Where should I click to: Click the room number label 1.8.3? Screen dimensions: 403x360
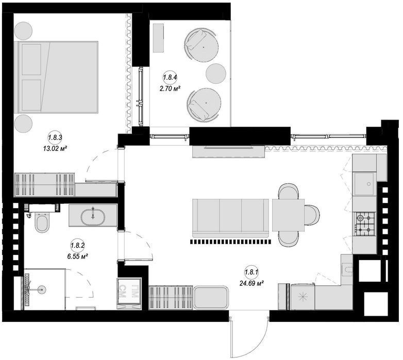(55, 138)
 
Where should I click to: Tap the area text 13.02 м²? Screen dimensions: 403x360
(55, 148)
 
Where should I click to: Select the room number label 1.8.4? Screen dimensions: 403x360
(170, 78)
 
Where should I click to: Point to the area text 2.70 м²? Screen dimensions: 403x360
(170, 89)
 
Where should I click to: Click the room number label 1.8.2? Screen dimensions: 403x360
(77, 245)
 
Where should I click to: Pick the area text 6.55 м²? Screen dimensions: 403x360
(78, 256)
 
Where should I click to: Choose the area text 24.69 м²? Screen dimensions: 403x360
(252, 283)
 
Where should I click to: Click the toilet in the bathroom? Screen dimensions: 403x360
(41, 221)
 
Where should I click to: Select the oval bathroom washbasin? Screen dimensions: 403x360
(93, 217)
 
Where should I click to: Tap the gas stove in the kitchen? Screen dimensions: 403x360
(365, 224)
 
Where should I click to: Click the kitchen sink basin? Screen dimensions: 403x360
(364, 183)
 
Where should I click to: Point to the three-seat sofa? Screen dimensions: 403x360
(230, 218)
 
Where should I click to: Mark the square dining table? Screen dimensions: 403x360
(288, 215)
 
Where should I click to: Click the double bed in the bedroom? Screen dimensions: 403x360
(58, 77)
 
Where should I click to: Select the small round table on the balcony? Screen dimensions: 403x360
(216, 73)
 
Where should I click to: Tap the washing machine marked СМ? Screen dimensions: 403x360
(129, 293)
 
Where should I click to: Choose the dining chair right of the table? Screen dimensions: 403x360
(312, 215)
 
